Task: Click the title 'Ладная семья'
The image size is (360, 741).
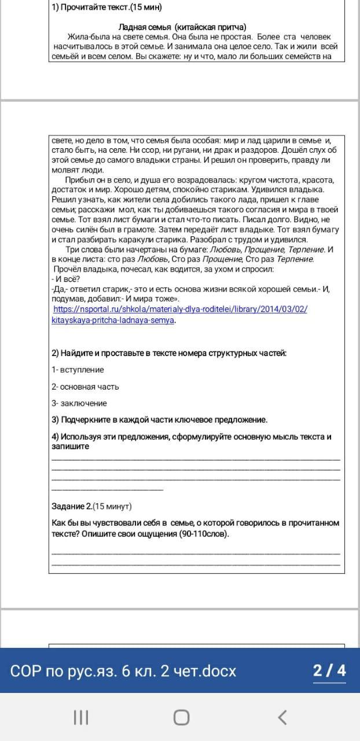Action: tap(145, 27)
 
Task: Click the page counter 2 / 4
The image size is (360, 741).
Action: tap(329, 670)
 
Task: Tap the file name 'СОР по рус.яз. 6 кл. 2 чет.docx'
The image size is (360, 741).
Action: tap(123, 670)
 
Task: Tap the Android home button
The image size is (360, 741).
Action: tap(181, 718)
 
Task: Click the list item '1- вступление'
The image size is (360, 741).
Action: tap(78, 369)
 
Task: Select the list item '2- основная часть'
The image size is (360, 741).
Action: tap(85, 386)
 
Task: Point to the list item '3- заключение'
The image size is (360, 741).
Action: tap(79, 403)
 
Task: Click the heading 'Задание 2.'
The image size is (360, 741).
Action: tap(71, 506)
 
